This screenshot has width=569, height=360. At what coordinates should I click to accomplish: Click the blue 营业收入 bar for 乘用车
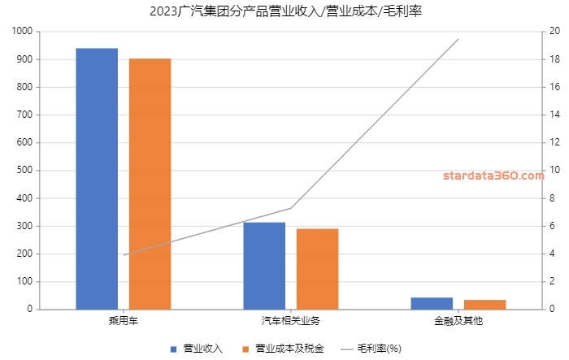(x=97, y=179)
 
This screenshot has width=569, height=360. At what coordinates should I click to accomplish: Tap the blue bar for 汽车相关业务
(x=264, y=266)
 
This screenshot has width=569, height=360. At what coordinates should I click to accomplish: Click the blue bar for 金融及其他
(x=432, y=303)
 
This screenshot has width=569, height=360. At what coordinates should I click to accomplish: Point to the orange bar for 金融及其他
(x=484, y=305)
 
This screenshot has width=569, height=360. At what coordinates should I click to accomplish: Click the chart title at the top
(x=285, y=11)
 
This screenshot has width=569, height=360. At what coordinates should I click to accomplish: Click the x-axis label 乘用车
(x=124, y=321)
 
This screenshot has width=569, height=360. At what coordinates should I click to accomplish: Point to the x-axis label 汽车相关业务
(x=291, y=321)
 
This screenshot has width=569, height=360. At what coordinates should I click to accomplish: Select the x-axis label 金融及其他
(x=458, y=321)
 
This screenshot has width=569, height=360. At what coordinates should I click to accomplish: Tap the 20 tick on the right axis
(x=555, y=32)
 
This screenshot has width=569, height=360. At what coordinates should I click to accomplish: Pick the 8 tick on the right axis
(x=553, y=198)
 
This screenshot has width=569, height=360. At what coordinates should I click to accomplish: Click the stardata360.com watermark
(x=493, y=176)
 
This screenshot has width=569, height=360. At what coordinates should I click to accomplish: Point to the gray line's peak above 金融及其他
(x=458, y=39)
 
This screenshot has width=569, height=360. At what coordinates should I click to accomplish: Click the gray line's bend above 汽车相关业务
(x=291, y=208)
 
